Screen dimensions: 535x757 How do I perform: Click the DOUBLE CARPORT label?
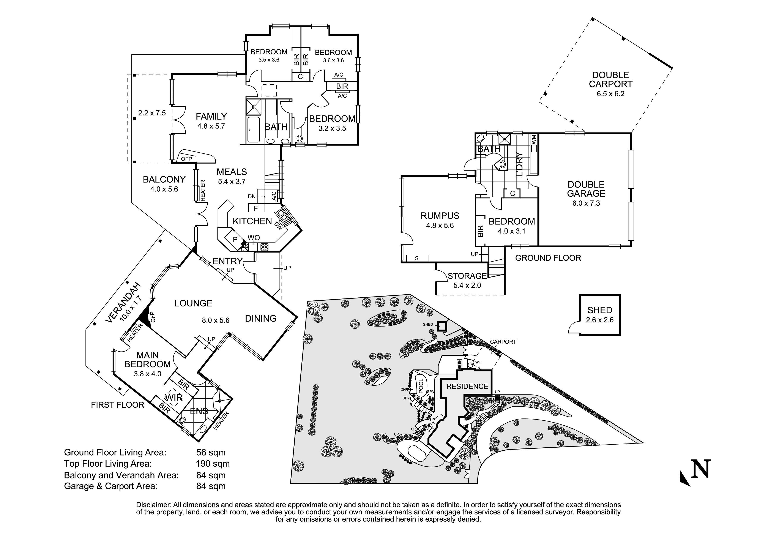pyautogui.click(x=610, y=80)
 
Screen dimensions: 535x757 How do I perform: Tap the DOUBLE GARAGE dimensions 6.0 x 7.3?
pyautogui.click(x=586, y=203)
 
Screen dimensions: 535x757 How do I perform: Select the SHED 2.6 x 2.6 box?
pyautogui.click(x=599, y=315)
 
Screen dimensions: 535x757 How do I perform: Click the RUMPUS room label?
pyautogui.click(x=440, y=216)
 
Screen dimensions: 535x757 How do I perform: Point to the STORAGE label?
pyautogui.click(x=467, y=276)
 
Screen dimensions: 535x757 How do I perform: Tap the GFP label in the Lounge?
pyautogui.click(x=153, y=317)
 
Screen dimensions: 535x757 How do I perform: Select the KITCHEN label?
pyautogui.click(x=252, y=221)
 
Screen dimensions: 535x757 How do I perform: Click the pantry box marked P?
pyautogui.click(x=235, y=239)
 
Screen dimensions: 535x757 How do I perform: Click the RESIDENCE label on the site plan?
pyautogui.click(x=467, y=386)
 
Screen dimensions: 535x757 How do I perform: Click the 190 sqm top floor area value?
pyautogui.click(x=212, y=464)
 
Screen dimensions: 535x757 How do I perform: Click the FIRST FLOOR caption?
pyautogui.click(x=117, y=405)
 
